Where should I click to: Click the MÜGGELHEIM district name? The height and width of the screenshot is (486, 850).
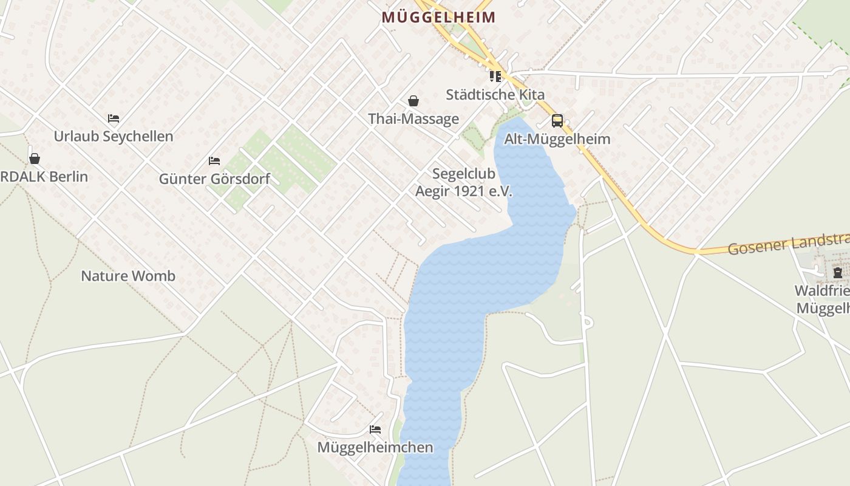click(438, 18)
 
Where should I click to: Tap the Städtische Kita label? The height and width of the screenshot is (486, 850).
click(495, 95)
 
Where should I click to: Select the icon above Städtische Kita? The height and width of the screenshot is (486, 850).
click(495, 77)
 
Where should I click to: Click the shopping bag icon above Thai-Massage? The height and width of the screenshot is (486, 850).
click(413, 101)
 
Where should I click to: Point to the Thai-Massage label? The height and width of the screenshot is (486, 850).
click(413, 119)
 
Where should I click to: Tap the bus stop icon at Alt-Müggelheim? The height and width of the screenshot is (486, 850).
click(557, 121)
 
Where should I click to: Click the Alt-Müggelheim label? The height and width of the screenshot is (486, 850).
click(557, 139)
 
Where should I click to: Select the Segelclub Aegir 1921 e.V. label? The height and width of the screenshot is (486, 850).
click(464, 183)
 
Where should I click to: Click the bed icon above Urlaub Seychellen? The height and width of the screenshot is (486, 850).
click(114, 118)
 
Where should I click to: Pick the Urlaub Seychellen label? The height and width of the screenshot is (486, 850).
click(114, 137)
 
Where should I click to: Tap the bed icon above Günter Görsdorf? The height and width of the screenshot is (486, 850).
click(214, 161)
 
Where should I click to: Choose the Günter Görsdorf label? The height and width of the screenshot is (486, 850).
click(214, 179)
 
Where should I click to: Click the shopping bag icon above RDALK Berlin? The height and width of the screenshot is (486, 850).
click(35, 159)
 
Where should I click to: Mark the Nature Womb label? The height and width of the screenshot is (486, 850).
click(128, 276)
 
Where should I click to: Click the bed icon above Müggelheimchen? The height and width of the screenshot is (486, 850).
click(375, 430)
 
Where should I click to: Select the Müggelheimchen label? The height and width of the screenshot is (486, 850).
click(375, 448)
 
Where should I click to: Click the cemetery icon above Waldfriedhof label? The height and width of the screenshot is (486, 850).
click(838, 273)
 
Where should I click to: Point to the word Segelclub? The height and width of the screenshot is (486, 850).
click(464, 174)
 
